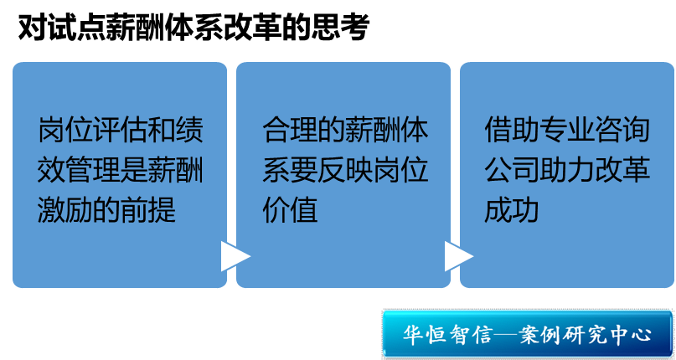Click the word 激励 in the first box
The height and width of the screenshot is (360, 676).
pos(65,209)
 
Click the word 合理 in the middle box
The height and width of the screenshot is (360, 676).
pos(290,130)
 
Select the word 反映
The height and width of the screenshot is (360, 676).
pos(345,170)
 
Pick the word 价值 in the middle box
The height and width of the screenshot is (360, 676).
pos(290,209)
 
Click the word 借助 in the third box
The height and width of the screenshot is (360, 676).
pos(512,130)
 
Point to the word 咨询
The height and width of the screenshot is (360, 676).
pos(622,130)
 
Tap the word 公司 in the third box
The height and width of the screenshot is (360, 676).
pos(512,170)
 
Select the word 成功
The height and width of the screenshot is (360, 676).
pos(512,209)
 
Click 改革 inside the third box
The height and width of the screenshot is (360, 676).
pos(622,170)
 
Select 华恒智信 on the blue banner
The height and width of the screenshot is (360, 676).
pos(446,335)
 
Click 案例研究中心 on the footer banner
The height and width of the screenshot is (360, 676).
pos(585,335)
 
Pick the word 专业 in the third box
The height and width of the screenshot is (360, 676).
pos(567,130)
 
